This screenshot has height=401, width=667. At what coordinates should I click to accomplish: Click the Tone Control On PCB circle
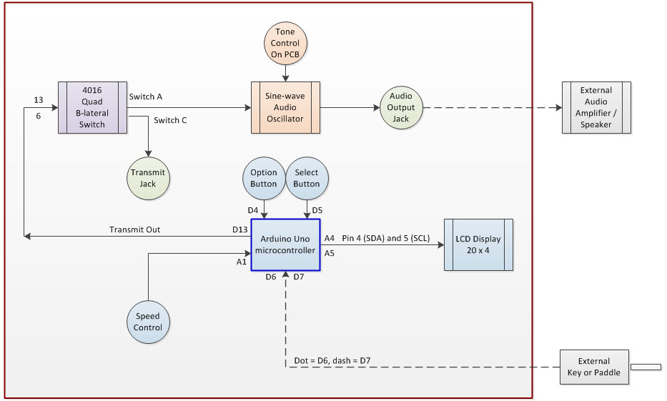285,41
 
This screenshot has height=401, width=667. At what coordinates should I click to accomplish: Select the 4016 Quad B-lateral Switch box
92,107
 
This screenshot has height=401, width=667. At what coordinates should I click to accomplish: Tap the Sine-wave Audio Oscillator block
285,107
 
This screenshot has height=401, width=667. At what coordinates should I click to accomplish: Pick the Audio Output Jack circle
400,108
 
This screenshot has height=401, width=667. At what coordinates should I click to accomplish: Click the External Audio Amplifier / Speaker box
596,107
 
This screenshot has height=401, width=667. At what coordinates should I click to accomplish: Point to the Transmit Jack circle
148,178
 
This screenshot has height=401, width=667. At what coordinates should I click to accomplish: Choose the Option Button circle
265,179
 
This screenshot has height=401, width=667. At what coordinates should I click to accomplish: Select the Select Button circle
307,179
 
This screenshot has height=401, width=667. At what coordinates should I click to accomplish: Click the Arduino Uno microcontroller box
285,244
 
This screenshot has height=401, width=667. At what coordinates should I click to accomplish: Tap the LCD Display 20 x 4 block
478,244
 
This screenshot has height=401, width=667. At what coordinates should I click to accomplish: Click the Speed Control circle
148,322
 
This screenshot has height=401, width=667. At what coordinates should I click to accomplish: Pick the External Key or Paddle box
595,367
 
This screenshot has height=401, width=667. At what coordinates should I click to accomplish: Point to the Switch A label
146,96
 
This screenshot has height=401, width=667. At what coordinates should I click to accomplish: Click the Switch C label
170,120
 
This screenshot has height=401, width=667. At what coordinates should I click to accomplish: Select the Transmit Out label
134,229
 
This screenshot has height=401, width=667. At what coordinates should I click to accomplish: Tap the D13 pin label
239,229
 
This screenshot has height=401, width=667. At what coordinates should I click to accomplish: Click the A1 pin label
241,262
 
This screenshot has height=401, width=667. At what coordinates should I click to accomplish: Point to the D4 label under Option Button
252,210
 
